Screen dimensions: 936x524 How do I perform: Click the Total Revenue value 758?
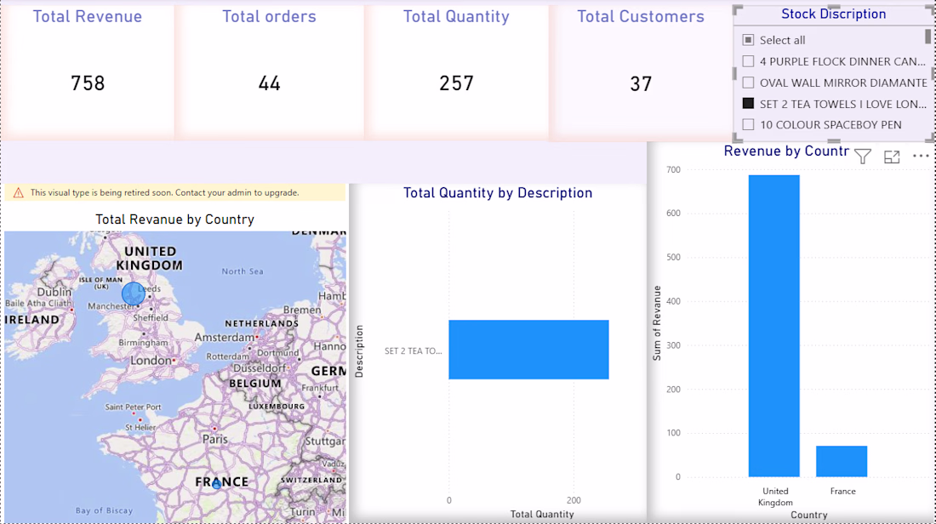(88, 83)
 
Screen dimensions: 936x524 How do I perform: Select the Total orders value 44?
(269, 83)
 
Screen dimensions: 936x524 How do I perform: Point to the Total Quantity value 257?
(457, 83)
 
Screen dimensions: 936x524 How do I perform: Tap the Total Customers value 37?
(641, 84)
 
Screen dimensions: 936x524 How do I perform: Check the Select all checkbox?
(748, 40)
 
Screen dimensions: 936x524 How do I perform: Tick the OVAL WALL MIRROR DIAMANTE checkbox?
(748, 83)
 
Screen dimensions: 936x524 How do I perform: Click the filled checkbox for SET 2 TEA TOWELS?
(748, 103)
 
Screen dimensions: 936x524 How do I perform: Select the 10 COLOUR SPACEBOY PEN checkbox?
(748, 125)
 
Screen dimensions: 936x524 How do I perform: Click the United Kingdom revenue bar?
(773, 326)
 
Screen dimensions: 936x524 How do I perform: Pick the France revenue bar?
(842, 461)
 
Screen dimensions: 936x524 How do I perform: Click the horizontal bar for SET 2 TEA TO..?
(529, 350)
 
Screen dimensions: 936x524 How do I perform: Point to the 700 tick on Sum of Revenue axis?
(673, 170)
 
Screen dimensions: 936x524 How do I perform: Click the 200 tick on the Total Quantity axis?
(574, 500)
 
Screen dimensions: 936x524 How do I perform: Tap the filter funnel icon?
(863, 157)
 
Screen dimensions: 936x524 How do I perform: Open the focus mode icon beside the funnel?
(892, 157)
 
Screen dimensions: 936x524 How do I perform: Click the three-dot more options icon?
(921, 157)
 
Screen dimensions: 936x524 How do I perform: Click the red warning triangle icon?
(19, 193)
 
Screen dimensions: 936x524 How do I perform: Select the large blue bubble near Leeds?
(133, 293)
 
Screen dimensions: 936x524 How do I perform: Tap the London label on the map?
(151, 361)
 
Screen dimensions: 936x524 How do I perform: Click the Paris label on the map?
(215, 439)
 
